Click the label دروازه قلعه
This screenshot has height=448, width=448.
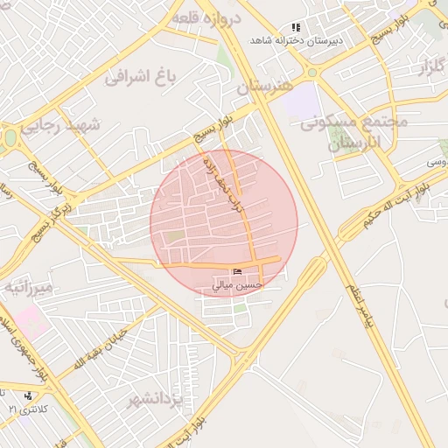pos(206,18)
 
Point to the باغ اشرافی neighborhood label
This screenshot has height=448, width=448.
pos(142,78)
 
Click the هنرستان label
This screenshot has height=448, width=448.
pos(266,87)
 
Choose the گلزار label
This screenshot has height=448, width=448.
pos(426,66)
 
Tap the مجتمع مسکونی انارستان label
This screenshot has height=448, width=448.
pos(354,132)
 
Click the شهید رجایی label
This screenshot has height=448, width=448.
pos(61,126)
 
